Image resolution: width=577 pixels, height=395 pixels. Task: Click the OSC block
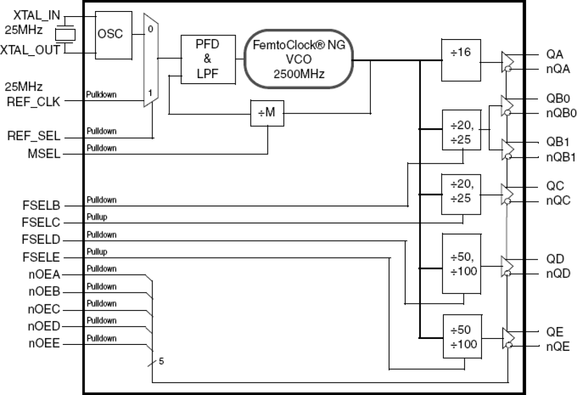click(110, 34)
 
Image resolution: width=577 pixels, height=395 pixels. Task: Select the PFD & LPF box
click(207, 59)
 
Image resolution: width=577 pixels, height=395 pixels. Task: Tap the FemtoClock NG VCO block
click(299, 58)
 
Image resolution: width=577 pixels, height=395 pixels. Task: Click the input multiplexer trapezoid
click(151, 60)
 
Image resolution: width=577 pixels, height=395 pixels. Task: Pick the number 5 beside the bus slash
click(161, 361)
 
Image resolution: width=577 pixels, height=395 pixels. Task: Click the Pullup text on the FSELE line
click(96, 252)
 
